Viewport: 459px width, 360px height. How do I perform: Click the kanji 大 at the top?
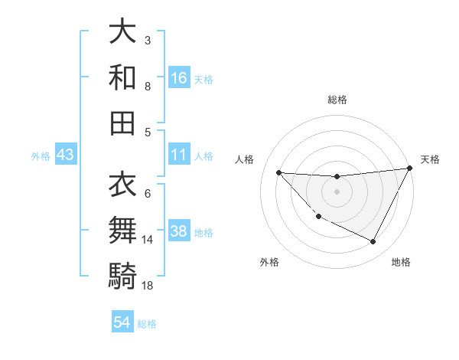(x=122, y=31)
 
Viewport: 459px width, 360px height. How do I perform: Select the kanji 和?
(x=122, y=77)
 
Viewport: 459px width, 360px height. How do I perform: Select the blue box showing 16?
(x=179, y=77)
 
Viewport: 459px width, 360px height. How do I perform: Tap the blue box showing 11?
(x=179, y=155)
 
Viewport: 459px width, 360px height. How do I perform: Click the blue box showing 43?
(x=66, y=155)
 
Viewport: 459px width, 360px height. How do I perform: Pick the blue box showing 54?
(x=122, y=322)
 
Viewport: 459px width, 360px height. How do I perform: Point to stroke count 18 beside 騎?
(x=148, y=286)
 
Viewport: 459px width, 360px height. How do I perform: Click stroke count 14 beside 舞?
(x=148, y=240)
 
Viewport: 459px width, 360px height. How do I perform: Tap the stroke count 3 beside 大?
(x=148, y=40)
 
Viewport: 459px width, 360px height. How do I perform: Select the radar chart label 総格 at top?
(x=337, y=100)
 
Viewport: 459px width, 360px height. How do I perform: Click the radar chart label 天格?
(x=431, y=159)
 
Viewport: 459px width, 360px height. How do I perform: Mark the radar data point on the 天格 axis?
(x=410, y=169)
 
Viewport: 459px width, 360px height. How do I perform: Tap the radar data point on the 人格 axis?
(x=278, y=172)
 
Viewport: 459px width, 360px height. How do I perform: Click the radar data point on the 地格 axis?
(x=373, y=242)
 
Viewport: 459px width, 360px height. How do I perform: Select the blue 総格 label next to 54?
(x=147, y=323)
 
